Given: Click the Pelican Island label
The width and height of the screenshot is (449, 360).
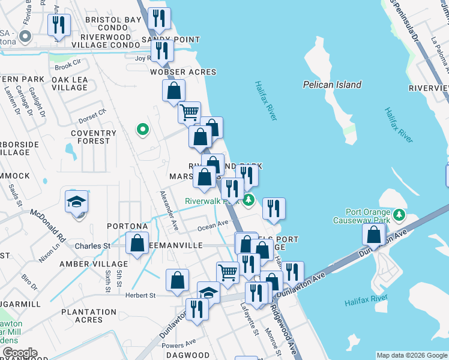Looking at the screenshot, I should (x=332, y=85).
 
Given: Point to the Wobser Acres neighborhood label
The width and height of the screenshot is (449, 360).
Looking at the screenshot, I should (x=183, y=72).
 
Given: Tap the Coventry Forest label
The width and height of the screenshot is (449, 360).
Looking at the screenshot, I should (x=93, y=137).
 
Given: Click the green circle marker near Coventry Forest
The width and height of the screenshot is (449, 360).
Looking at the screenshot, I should (x=142, y=129).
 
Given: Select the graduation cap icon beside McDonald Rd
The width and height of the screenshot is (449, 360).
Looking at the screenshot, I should (x=77, y=202).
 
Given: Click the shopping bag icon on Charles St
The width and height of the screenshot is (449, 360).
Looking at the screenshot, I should (x=137, y=244).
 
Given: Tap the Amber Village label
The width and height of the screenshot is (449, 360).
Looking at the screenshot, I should (x=93, y=264).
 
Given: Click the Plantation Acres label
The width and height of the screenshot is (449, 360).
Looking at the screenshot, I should (x=89, y=316).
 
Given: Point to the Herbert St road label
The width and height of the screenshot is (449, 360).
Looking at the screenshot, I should (x=140, y=295).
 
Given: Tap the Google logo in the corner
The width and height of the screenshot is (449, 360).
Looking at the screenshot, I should (x=19, y=353).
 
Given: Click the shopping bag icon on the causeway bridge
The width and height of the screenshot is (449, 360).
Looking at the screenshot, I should (x=374, y=235).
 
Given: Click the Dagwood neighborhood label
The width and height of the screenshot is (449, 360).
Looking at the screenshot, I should (x=188, y=356).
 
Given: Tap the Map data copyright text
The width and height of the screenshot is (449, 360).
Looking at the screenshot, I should (x=411, y=355).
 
